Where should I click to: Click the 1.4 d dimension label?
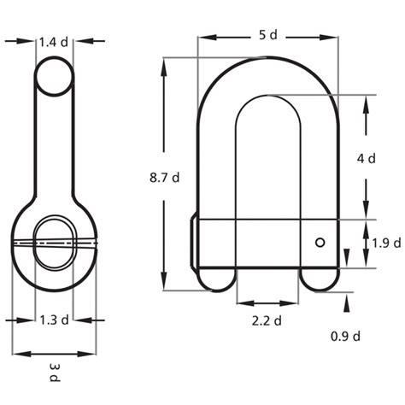click(x=56, y=39)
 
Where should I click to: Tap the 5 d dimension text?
click(x=267, y=35)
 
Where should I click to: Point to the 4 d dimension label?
click(x=366, y=158)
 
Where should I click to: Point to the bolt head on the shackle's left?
click(x=194, y=243)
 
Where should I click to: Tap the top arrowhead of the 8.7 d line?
click(x=163, y=64)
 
